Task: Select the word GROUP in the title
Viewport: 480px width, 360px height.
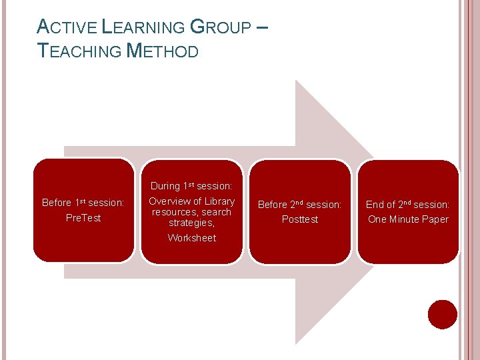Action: click(x=220, y=27)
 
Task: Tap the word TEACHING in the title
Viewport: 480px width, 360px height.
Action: click(x=80, y=51)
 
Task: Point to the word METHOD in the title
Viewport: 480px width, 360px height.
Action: click(x=163, y=51)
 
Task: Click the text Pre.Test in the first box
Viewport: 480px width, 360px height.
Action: click(x=83, y=218)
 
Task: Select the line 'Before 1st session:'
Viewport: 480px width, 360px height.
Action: click(x=83, y=203)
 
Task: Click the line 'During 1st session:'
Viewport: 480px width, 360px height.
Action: click(x=191, y=186)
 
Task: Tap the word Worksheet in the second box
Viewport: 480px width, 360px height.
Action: click(x=191, y=238)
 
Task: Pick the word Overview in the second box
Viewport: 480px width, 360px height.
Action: click(x=169, y=201)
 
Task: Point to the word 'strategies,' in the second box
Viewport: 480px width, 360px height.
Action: click(x=191, y=223)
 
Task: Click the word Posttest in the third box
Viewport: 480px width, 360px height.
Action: click(x=300, y=219)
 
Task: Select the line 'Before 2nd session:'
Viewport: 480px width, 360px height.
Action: click(x=300, y=205)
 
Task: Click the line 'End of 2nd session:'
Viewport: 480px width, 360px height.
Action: click(x=408, y=205)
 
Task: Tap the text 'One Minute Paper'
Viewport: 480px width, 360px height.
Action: click(x=408, y=219)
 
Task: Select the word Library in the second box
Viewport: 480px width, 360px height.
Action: click(x=219, y=201)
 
